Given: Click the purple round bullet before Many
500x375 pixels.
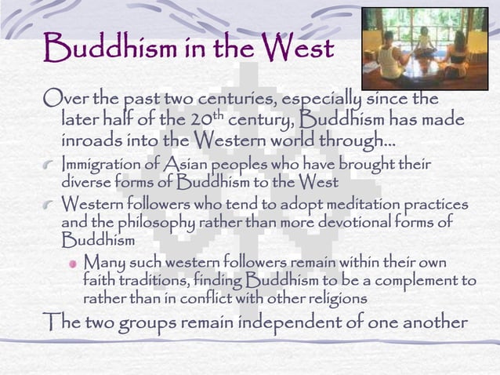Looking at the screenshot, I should (x=71, y=261).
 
